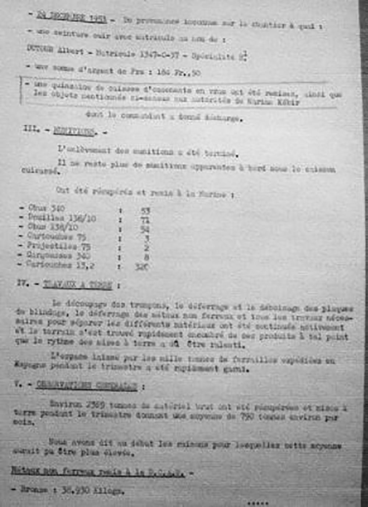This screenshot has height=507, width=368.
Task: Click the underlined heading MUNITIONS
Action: (x=74, y=131)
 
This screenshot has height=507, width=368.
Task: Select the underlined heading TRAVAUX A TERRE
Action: (x=77, y=285)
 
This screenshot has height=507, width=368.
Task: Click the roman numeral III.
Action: (x=31, y=129)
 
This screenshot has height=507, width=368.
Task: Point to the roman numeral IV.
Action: (x=23, y=283)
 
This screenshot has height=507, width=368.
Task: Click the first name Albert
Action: (x=70, y=51)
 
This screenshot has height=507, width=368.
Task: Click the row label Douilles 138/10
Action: (x=62, y=218)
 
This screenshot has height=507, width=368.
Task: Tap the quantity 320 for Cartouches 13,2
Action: (x=141, y=267)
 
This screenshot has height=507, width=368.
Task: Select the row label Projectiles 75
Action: (x=59, y=246)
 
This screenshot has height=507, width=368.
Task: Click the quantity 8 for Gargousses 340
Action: (x=146, y=257)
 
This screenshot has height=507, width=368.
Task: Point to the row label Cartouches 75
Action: (x=56, y=236)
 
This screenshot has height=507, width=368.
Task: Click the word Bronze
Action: (x=34, y=490)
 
